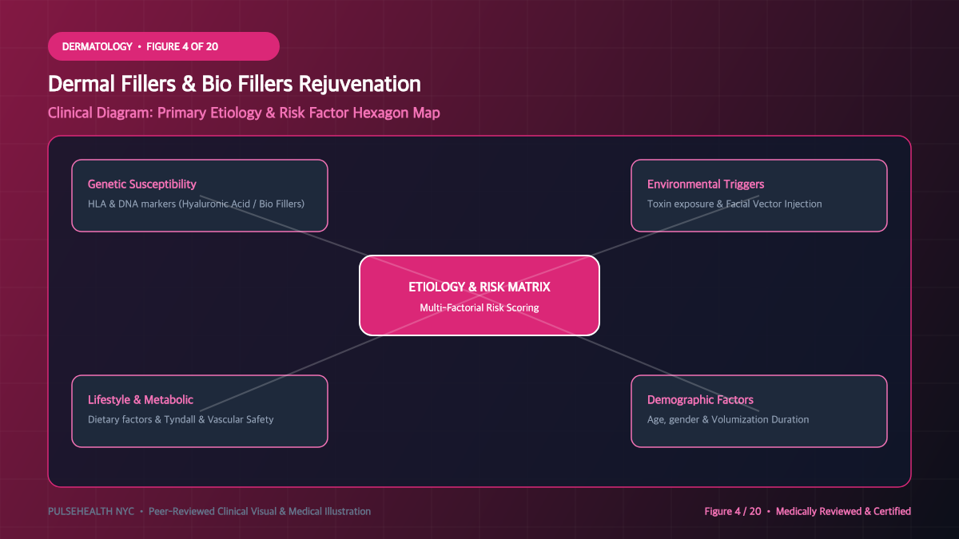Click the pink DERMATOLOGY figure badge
point(164,46)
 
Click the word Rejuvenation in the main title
point(360,85)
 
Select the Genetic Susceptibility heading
point(141,184)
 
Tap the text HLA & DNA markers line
point(196,204)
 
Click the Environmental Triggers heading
point(706,184)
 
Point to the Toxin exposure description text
point(734,204)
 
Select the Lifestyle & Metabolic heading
point(141,399)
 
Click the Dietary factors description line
point(181,420)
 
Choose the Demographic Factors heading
point(700,399)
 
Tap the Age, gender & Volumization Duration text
point(728,420)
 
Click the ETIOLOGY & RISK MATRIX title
point(479,287)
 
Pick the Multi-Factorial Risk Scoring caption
point(479,307)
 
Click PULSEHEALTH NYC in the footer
point(91,511)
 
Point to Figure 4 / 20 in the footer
point(733,511)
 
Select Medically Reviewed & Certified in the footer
point(843,511)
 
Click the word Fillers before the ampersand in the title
point(148,84)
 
